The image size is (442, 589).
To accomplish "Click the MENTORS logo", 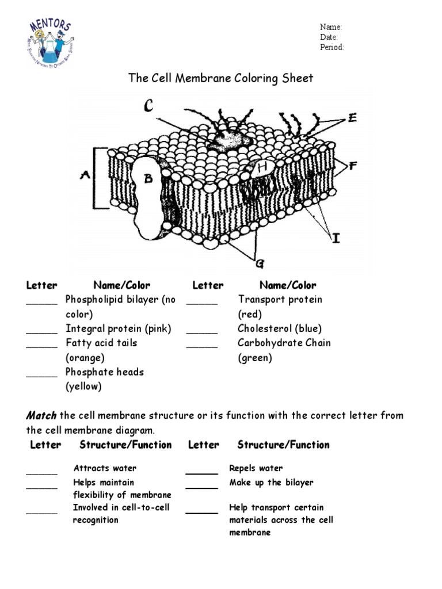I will (50, 43).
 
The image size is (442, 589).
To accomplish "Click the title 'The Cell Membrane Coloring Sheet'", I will (221, 78).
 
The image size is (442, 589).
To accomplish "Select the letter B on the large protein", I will (148, 179).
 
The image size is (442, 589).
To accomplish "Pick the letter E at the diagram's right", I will (352, 118).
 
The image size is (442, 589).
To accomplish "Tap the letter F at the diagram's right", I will (353, 166).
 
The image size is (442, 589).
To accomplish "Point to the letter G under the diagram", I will (260, 263).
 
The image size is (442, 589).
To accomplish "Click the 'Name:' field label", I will (331, 27).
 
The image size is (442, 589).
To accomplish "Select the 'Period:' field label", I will (332, 47).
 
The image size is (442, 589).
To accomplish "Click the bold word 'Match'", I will (41, 415).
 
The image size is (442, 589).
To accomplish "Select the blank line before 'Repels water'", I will (201, 472).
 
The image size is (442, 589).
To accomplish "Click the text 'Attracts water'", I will (105, 468).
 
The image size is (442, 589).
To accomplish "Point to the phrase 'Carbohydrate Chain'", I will (284, 343).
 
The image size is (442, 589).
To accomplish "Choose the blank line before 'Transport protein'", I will (202, 303).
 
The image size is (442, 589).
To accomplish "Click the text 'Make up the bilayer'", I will (271, 483).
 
